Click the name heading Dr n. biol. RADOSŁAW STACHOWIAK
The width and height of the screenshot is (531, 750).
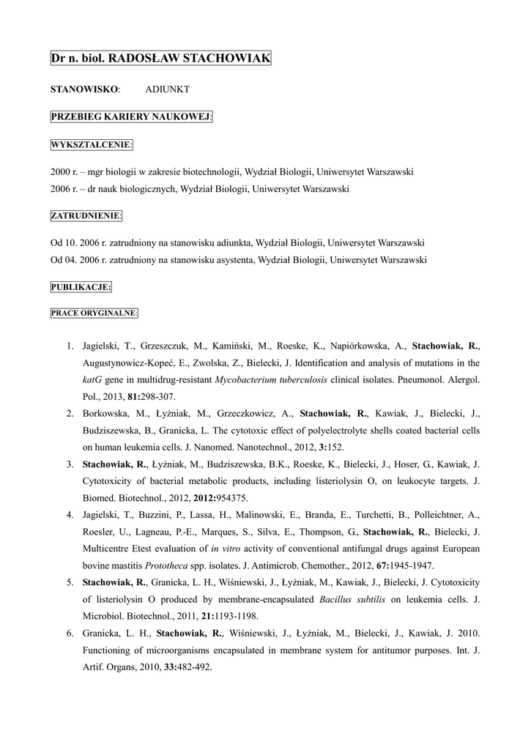coord(160,57)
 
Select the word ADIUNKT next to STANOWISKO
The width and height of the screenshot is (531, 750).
coord(167,89)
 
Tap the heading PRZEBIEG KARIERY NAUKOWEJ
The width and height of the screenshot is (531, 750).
coord(131,116)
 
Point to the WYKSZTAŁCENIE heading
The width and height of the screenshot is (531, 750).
coord(92,144)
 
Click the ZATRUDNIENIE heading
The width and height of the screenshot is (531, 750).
coord(86,215)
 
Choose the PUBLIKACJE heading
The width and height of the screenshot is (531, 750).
coord(81,286)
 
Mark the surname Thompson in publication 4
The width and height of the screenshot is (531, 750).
coord(321,532)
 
